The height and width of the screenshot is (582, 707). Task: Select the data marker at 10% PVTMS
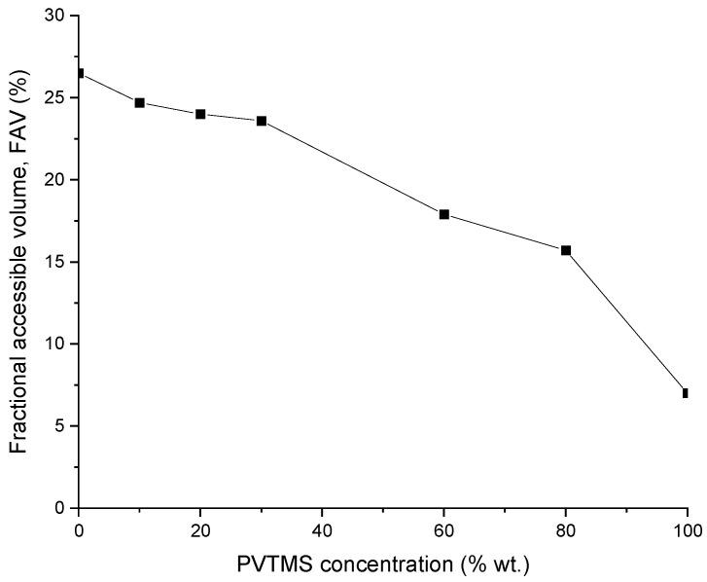click(140, 102)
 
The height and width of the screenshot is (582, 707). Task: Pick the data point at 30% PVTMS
click(262, 121)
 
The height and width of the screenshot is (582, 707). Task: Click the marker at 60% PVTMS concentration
click(443, 214)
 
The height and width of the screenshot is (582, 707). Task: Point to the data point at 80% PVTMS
click(565, 250)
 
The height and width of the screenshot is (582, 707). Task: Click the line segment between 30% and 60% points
click(352, 167)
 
